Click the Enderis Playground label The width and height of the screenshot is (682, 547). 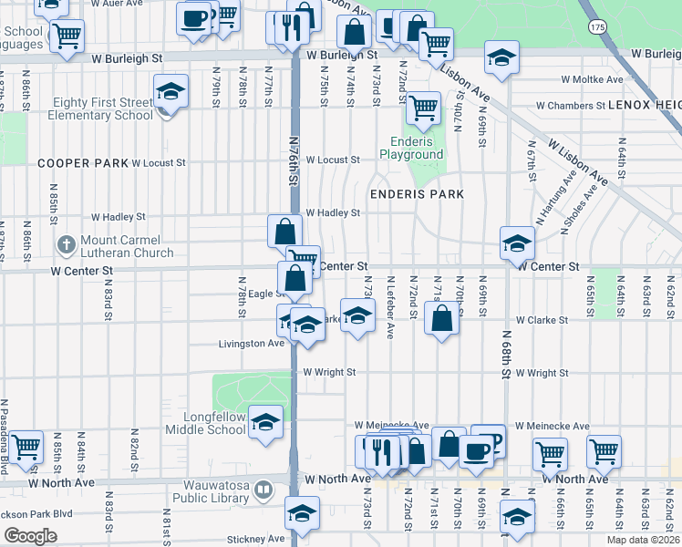(417, 148)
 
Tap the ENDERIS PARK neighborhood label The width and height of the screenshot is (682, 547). (417, 194)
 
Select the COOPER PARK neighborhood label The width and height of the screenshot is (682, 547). (81, 163)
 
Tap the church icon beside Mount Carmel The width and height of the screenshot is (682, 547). (66, 244)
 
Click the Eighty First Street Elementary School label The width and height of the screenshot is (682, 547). (102, 108)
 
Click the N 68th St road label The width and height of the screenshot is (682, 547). (507, 346)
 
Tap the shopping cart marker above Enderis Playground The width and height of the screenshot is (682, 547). (423, 107)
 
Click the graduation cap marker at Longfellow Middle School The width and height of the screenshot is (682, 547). (265, 421)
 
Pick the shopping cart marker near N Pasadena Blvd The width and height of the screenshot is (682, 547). (26, 447)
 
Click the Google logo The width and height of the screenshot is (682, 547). (30, 536)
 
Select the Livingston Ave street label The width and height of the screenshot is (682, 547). (252, 344)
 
